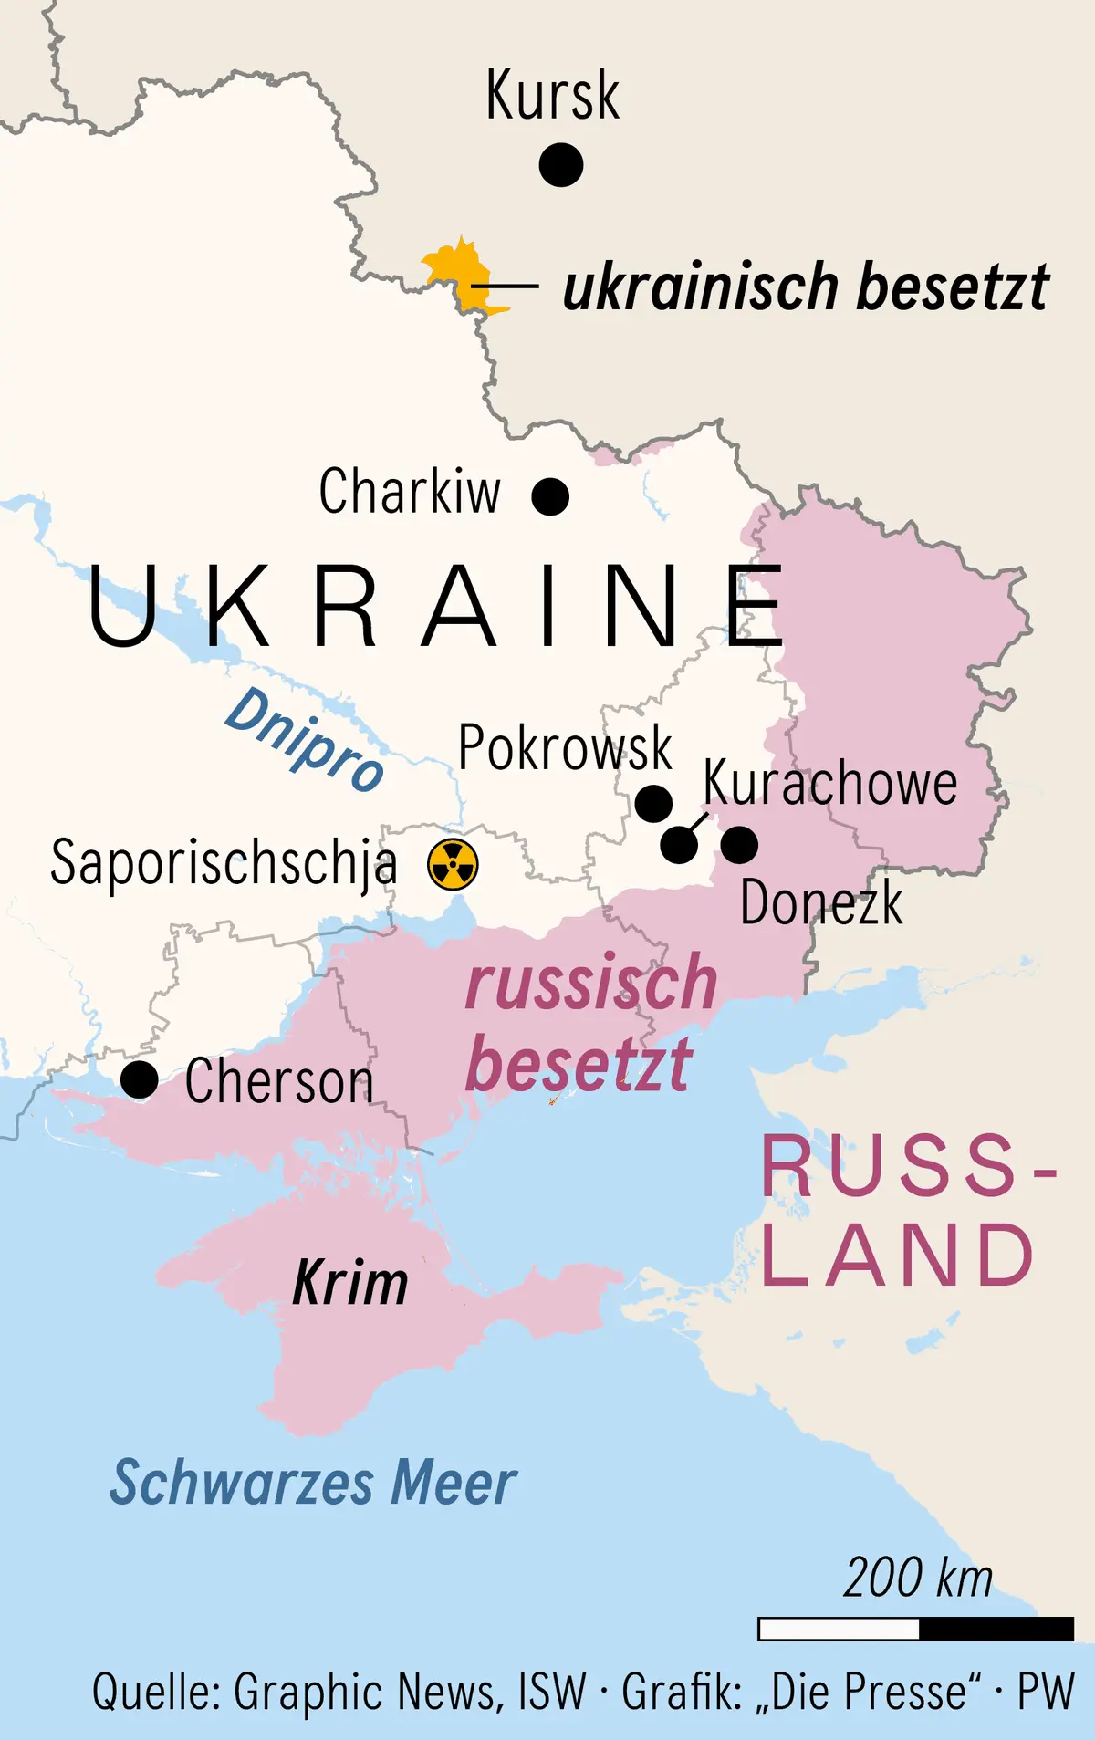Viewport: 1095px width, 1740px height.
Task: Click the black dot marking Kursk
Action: (x=560, y=165)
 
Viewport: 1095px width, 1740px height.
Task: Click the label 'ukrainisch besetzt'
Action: (x=805, y=287)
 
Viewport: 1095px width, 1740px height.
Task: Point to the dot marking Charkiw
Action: (x=550, y=496)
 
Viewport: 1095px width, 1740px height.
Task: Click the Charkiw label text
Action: (x=410, y=492)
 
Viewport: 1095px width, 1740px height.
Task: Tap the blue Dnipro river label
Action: (x=304, y=740)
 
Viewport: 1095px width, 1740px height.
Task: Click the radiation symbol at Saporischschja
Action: (x=453, y=864)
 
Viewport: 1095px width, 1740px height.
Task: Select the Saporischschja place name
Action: (x=224, y=862)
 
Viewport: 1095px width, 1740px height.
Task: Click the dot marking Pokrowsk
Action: (x=653, y=804)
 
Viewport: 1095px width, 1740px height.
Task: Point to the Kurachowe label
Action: (x=829, y=783)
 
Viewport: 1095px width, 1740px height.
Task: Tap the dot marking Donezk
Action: (x=739, y=845)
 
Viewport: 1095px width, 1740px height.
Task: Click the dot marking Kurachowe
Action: (x=679, y=845)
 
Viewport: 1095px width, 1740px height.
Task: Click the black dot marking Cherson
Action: (x=140, y=1079)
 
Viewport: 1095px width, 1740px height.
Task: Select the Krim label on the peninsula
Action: (x=350, y=1283)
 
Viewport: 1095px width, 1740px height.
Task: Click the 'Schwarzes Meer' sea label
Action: (x=313, y=1483)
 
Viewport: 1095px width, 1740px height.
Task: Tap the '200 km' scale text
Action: (x=917, y=1579)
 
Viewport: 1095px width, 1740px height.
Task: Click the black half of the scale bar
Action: (x=996, y=1629)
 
